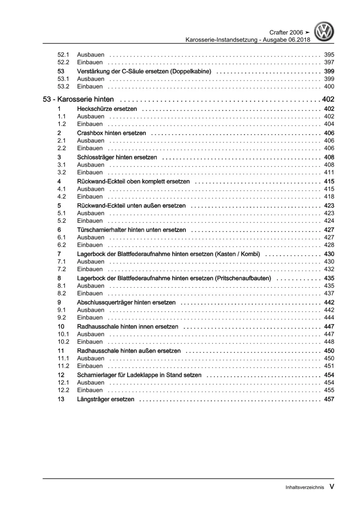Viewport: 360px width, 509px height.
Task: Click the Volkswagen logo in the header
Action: click(x=324, y=32)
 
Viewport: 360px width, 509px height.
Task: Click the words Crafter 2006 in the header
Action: click(x=286, y=32)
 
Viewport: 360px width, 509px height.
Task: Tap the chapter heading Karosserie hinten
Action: click(x=85, y=99)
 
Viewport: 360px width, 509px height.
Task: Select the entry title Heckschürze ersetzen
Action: click(x=107, y=109)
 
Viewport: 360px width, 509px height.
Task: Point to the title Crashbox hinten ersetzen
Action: click(x=111, y=133)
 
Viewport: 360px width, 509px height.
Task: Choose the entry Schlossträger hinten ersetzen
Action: click(x=117, y=157)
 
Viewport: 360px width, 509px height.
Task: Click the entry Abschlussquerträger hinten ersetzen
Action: click(x=126, y=303)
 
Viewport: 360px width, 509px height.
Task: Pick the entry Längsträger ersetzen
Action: click(x=106, y=399)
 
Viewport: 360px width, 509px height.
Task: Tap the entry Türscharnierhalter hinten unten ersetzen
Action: click(x=132, y=230)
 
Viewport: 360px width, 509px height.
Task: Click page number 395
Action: click(x=329, y=55)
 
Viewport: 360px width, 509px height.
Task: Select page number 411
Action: click(x=329, y=172)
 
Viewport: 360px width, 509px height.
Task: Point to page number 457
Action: click(x=329, y=399)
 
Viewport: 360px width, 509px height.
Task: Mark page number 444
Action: click(x=329, y=317)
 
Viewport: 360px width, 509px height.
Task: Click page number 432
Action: click(x=329, y=269)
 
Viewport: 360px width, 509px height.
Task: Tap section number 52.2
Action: click(x=63, y=62)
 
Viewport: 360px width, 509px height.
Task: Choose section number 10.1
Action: click(x=63, y=334)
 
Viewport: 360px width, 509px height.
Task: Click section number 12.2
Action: click(x=63, y=390)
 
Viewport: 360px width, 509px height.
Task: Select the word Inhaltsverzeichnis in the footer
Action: click(x=305, y=487)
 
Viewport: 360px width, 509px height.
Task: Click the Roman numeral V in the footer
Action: click(x=332, y=487)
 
